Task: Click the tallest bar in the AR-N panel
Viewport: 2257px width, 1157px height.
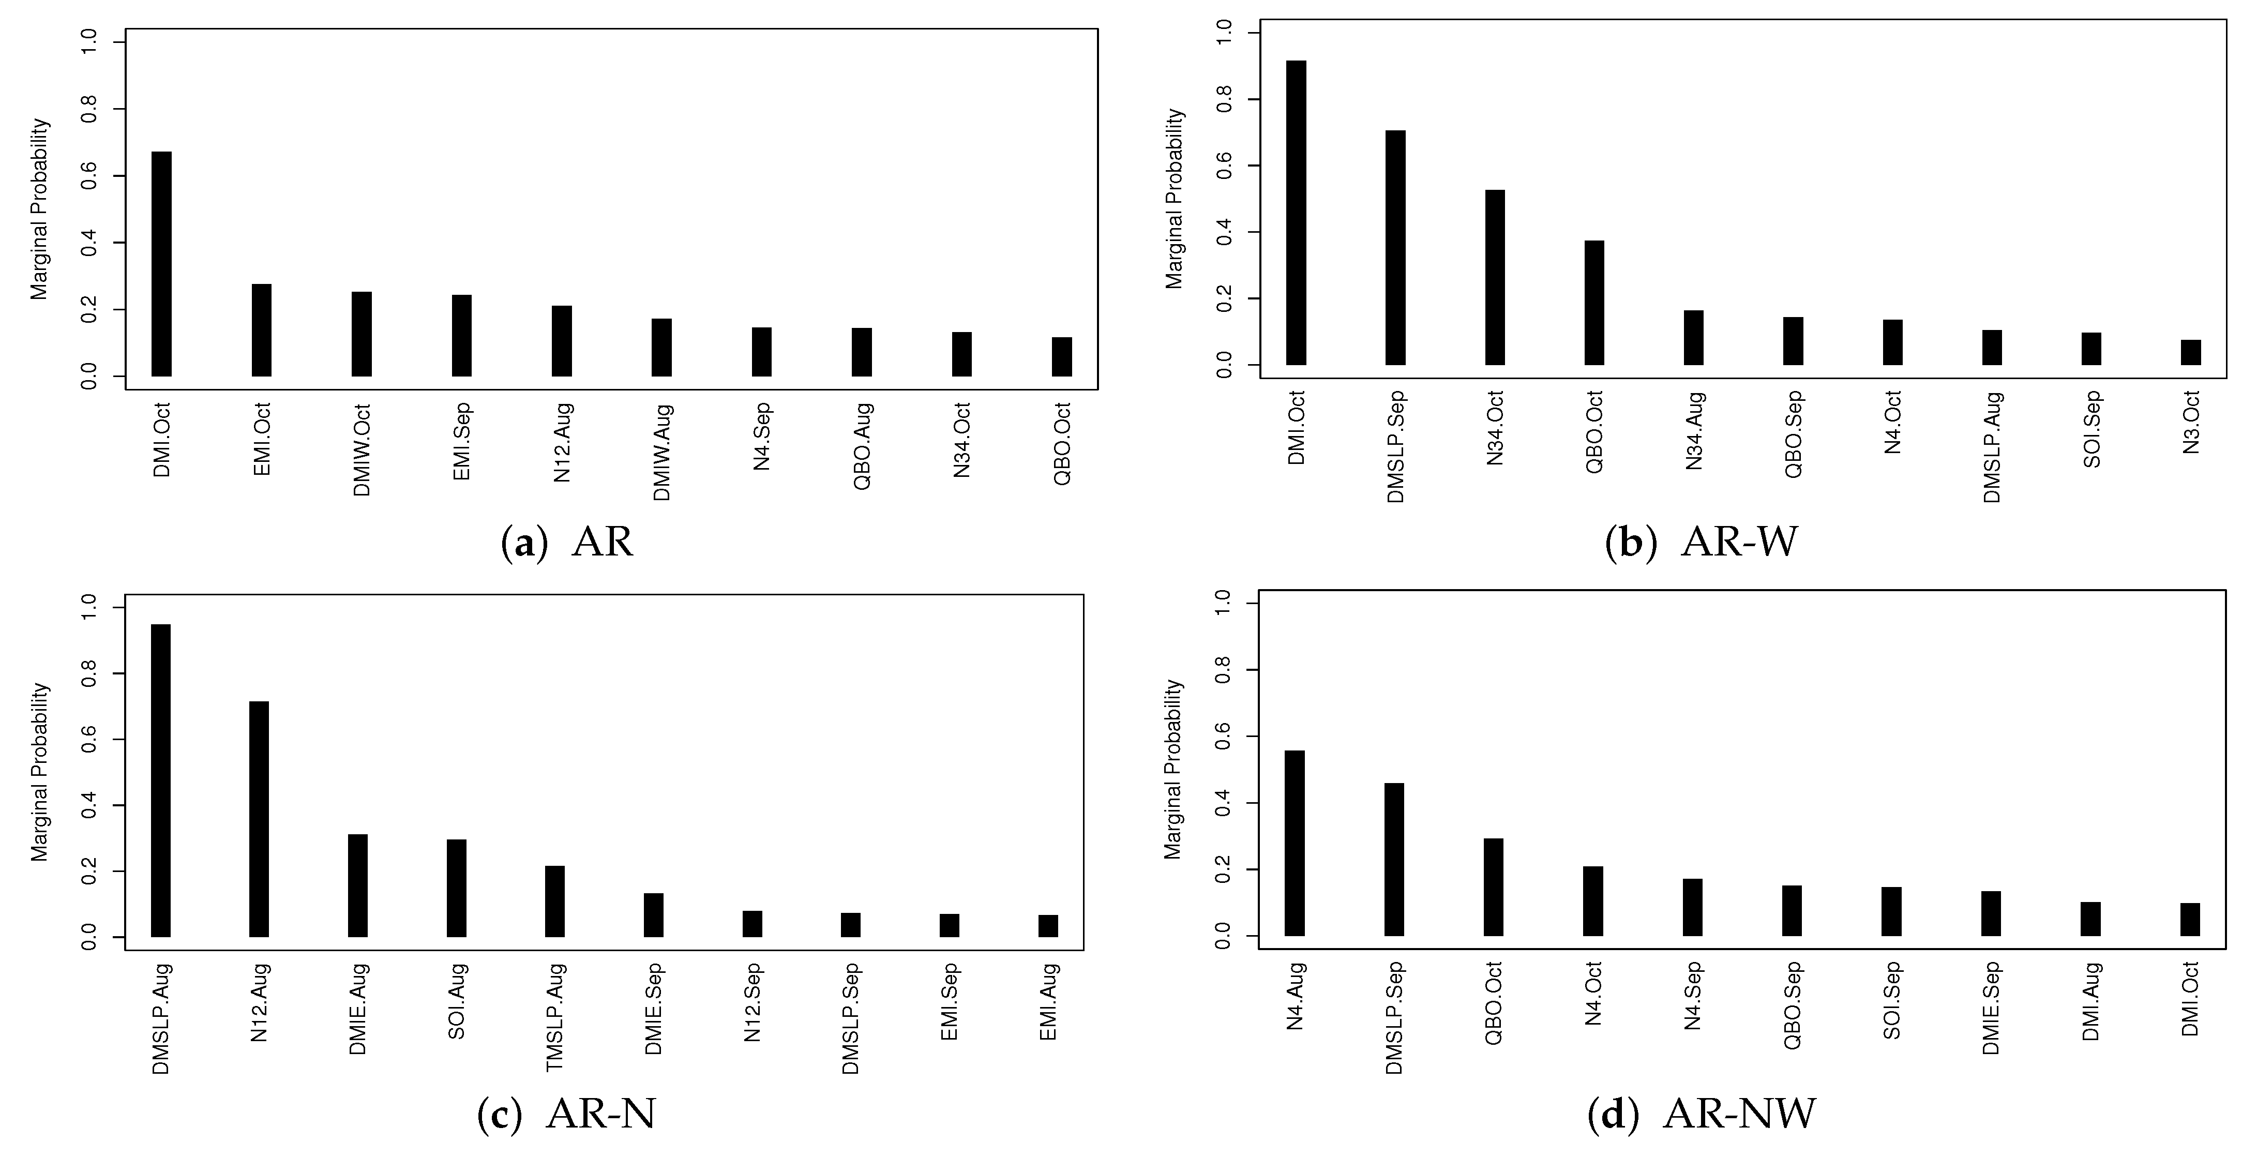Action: point(161,780)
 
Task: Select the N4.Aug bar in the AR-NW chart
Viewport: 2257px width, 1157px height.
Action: point(1295,843)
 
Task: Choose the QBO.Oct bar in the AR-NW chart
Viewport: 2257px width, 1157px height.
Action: point(1494,887)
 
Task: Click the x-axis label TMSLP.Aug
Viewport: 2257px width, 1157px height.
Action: point(555,1017)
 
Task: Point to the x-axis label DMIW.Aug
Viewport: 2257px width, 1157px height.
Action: point(663,452)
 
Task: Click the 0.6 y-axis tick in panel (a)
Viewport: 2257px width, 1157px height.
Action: point(89,176)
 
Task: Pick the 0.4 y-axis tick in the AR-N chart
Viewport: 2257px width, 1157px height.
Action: point(89,805)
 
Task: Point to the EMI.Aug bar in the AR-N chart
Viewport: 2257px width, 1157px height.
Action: point(1048,926)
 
